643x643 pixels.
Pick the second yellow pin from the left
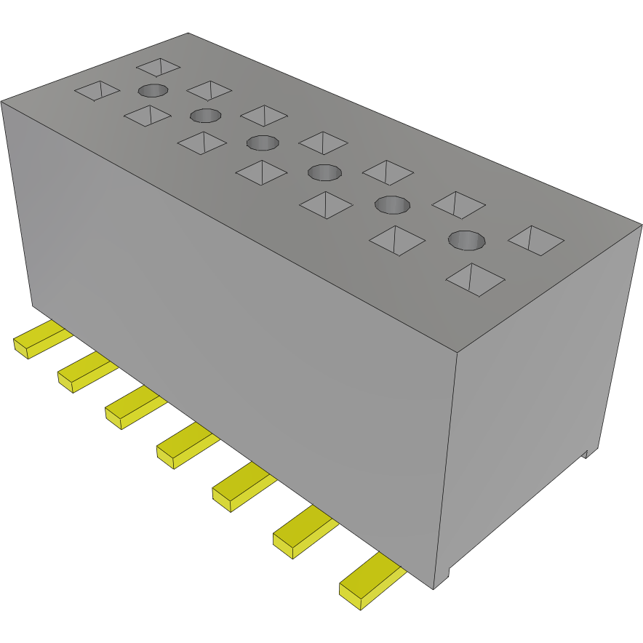(x=85, y=372)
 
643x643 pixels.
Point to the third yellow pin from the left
(x=132, y=407)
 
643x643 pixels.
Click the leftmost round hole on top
(x=153, y=91)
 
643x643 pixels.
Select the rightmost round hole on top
(x=466, y=239)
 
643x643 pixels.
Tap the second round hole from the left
(x=206, y=115)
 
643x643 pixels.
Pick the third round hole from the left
(x=263, y=142)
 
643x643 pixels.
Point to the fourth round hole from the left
(x=324, y=172)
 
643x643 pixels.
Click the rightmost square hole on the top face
(x=537, y=240)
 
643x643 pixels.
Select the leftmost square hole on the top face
(x=97, y=91)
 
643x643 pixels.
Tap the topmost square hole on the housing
(x=158, y=67)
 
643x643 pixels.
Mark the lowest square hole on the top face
(x=475, y=279)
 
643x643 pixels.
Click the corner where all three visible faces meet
(x=456, y=353)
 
